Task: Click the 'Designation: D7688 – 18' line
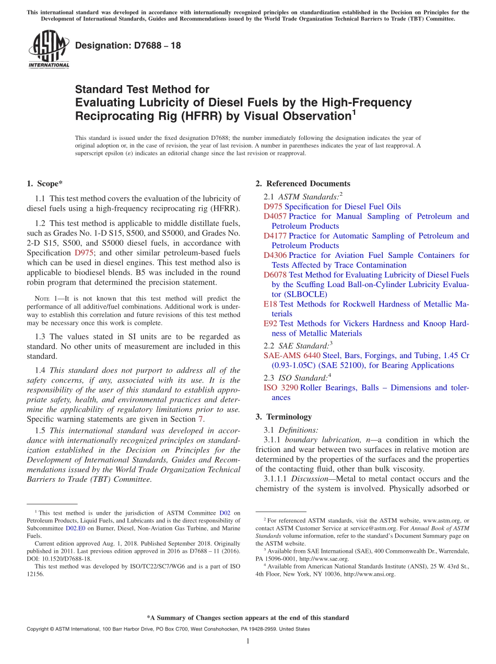pyautogui.click(x=128, y=45)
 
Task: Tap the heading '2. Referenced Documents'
pyautogui.click(x=303, y=184)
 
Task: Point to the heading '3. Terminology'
pyautogui.click(x=284, y=417)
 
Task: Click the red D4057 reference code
pyautogui.click(x=275, y=216)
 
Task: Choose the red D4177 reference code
pyautogui.click(x=275, y=236)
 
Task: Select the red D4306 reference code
pyautogui.click(x=275, y=255)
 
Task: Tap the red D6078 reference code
pyautogui.click(x=275, y=275)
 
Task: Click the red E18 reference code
pyautogui.click(x=270, y=304)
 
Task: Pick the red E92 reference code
pyautogui.click(x=270, y=324)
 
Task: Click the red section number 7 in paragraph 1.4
pyautogui.click(x=200, y=419)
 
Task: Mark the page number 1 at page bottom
pyautogui.click(x=248, y=642)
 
